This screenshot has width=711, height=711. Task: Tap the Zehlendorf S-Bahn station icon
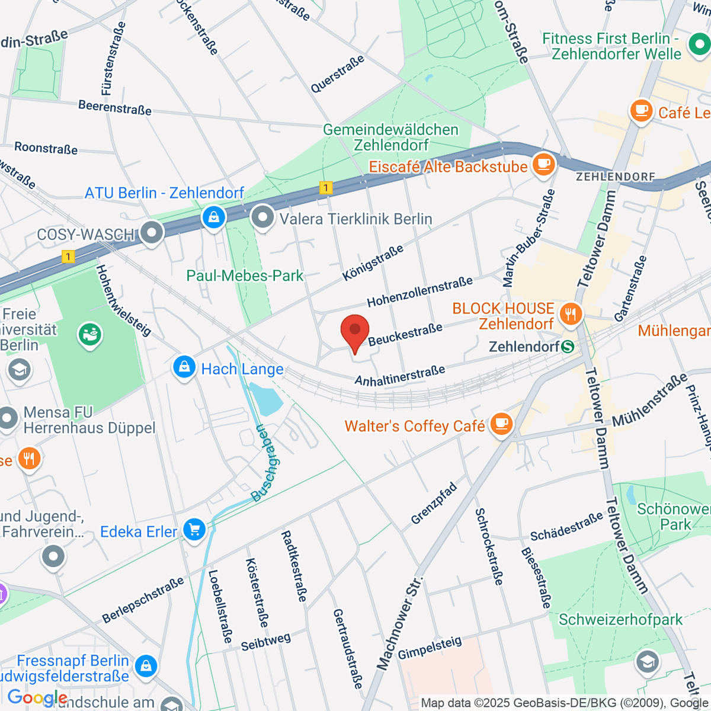coord(568,347)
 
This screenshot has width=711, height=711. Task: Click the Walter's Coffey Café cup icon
coord(502,424)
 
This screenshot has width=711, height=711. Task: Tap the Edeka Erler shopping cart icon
coord(194,529)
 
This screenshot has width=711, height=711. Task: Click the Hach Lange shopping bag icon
coord(184,367)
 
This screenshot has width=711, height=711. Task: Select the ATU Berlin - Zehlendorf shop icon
coord(213,217)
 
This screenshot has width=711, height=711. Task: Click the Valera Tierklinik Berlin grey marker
coord(262,217)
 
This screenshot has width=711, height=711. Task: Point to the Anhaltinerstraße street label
coord(400,376)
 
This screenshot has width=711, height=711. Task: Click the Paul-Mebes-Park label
coord(245,276)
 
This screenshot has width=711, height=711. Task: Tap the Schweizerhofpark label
coord(621,620)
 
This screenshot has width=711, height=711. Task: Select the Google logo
coord(37,698)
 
